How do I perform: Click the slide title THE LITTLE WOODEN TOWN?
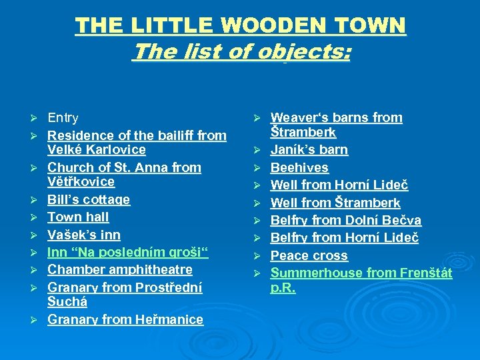coord(240,26)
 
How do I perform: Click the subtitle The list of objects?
coord(241,51)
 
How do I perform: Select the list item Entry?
coord(63,118)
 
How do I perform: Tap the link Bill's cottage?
coord(89,199)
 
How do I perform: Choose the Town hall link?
coord(78,217)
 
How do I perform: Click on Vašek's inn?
coord(83,235)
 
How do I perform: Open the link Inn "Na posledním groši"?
coord(128,252)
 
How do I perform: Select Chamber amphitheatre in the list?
coord(119,269)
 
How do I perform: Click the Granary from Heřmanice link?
coord(125,319)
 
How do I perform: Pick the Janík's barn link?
coord(309,149)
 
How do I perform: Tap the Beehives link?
coord(299,167)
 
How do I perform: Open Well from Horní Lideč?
coord(339,185)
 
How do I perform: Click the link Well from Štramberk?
coord(335,203)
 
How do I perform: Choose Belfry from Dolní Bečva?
coord(345,220)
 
